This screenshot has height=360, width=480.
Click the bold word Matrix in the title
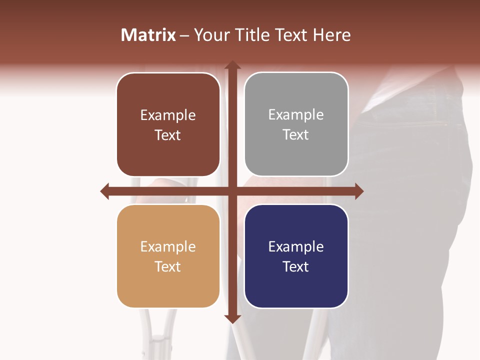coord(148,35)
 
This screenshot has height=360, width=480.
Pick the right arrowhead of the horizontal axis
coord(358,191)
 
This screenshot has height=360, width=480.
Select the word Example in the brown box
coord(168,115)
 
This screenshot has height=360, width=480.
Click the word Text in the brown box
coord(168,135)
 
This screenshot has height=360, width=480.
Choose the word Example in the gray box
coord(296,115)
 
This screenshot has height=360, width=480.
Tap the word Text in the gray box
coord(296,134)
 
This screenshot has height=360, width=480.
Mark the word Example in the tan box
coord(168,247)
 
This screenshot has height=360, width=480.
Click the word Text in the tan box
coord(168,266)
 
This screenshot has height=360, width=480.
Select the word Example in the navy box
coord(296,247)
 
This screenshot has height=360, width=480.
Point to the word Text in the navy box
coord(296,266)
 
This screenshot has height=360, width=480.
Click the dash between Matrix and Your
coord(184,35)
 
